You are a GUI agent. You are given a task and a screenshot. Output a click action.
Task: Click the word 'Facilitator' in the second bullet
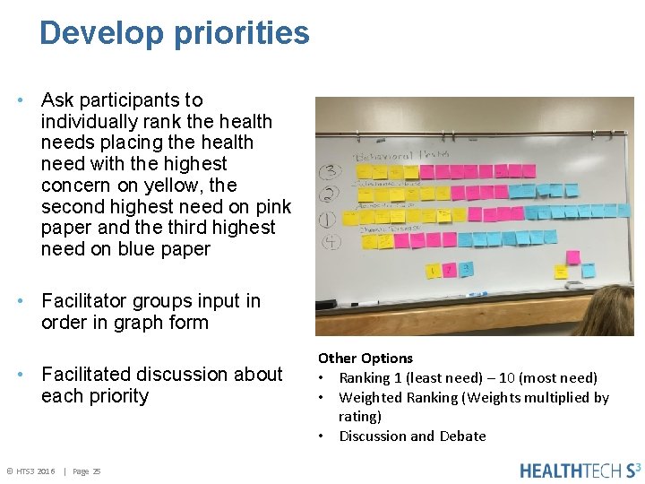click(87, 301)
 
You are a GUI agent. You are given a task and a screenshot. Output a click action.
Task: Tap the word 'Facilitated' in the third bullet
click(88, 375)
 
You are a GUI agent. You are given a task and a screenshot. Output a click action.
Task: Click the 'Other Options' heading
click(365, 358)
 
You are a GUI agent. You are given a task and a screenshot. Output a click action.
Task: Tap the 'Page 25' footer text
click(86, 471)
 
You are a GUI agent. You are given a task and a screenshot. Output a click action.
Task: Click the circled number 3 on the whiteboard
click(331, 170)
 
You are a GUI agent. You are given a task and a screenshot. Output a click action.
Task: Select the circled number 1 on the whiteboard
click(330, 217)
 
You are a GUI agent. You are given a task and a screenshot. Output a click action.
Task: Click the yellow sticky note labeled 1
click(434, 270)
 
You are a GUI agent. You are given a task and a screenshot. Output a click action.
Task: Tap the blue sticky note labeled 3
click(466, 268)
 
